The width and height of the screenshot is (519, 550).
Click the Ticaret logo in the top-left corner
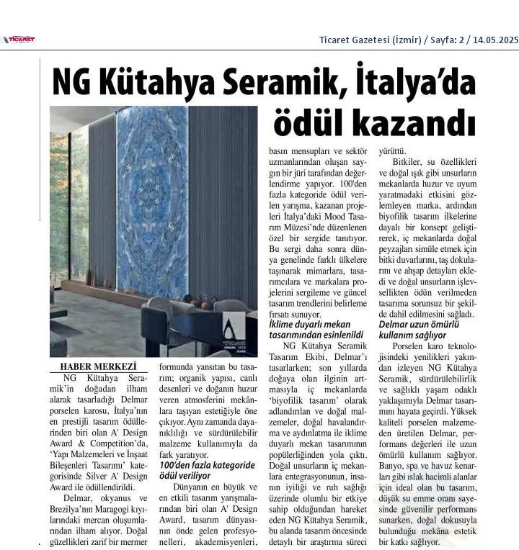[x=19, y=40]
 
